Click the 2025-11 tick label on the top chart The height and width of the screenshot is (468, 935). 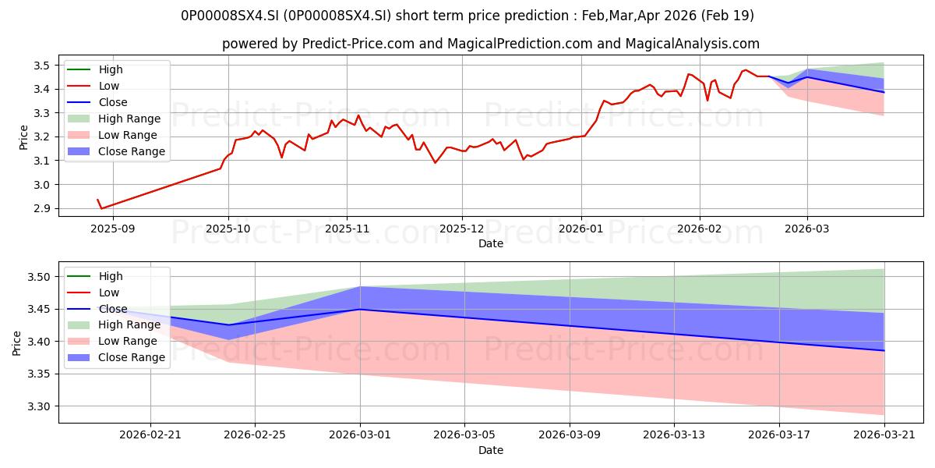click(347, 229)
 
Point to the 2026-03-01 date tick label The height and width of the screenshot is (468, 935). click(360, 435)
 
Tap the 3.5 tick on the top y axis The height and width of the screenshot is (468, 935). click(41, 66)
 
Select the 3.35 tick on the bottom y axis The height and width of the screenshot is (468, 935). click(38, 374)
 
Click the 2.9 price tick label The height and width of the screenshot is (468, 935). click(41, 208)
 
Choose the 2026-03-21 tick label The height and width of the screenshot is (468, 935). click(884, 435)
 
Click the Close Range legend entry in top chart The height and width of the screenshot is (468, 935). click(116, 151)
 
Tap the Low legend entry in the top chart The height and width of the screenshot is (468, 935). click(93, 86)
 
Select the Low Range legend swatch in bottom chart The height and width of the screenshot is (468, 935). click(79, 341)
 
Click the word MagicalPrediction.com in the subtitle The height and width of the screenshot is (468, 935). click(520, 44)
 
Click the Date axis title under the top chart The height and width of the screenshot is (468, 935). click(491, 243)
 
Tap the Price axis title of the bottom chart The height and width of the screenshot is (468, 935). click(16, 343)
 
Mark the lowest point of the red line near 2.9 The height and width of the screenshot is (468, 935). click(101, 208)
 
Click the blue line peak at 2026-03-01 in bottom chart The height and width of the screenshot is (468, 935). click(360, 309)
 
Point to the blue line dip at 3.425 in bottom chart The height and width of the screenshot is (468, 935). click(228, 324)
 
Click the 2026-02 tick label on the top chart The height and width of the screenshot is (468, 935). click(700, 229)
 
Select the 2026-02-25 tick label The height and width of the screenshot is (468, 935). click(255, 435)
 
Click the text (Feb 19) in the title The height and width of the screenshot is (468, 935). click(728, 16)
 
